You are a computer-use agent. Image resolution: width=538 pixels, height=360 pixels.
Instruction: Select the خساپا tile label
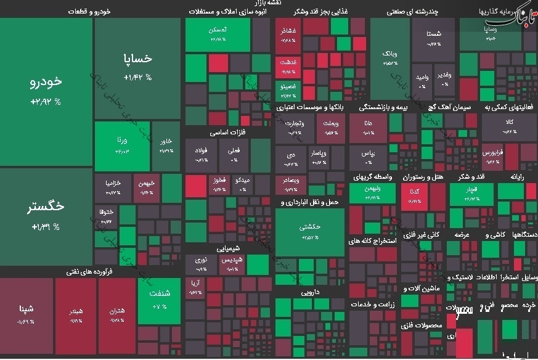138,59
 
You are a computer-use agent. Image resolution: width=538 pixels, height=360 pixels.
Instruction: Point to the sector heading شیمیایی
229,250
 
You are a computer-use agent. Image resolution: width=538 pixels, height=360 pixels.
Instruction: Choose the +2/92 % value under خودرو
46,101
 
